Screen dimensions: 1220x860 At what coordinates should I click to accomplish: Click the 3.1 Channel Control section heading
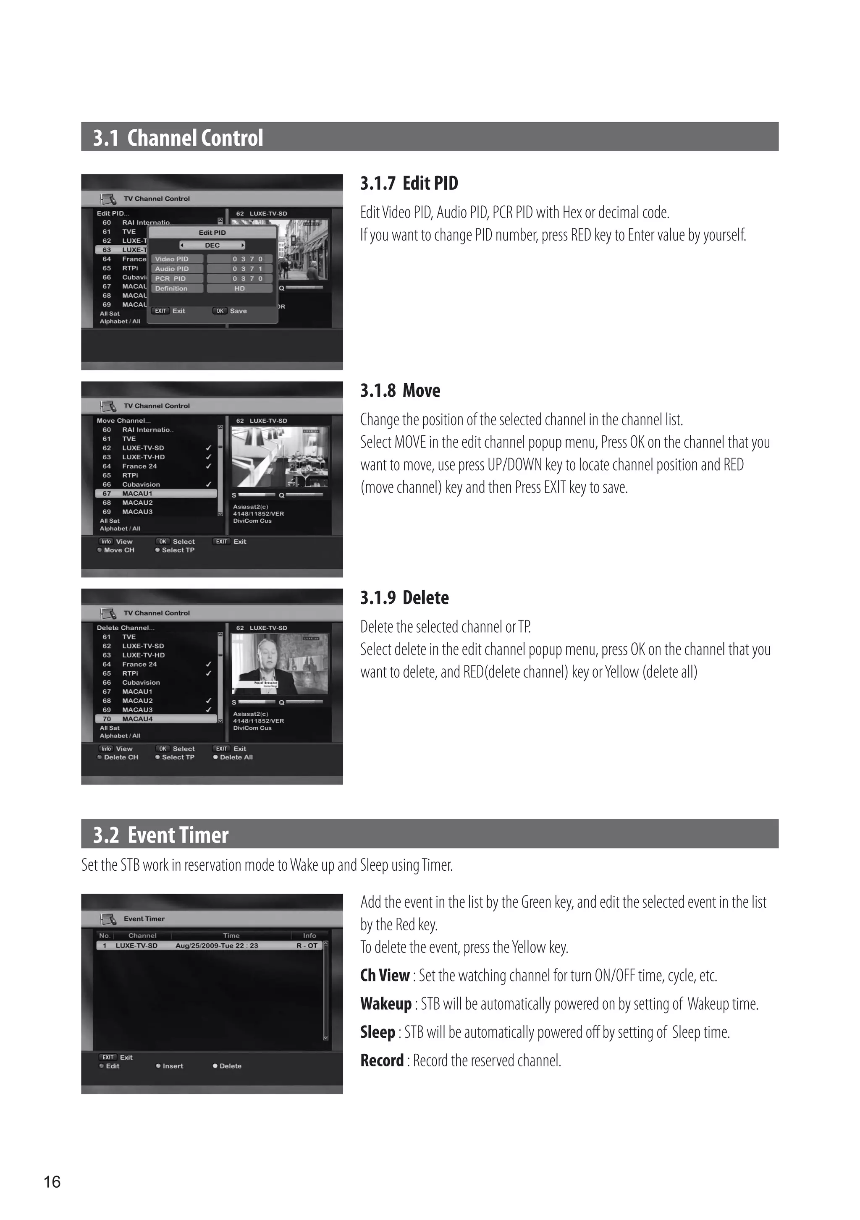[178, 138]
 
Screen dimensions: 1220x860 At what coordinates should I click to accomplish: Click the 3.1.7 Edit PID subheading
[409, 183]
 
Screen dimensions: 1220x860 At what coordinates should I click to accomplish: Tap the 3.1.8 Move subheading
[400, 390]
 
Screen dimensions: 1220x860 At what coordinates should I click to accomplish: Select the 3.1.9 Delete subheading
[404, 598]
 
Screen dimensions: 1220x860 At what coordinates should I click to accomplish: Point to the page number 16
[52, 1182]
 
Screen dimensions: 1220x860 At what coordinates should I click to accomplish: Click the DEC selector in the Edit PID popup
[212, 246]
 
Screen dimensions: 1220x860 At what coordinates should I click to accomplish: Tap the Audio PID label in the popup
[171, 269]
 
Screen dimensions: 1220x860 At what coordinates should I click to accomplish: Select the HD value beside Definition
[239, 288]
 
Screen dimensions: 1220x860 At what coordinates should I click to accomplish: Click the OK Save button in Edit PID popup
[231, 311]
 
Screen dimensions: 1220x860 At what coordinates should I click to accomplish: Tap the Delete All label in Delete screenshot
[236, 758]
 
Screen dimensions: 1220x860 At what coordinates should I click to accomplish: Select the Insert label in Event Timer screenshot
[172, 1066]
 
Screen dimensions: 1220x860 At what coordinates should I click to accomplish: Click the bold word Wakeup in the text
[385, 1004]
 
